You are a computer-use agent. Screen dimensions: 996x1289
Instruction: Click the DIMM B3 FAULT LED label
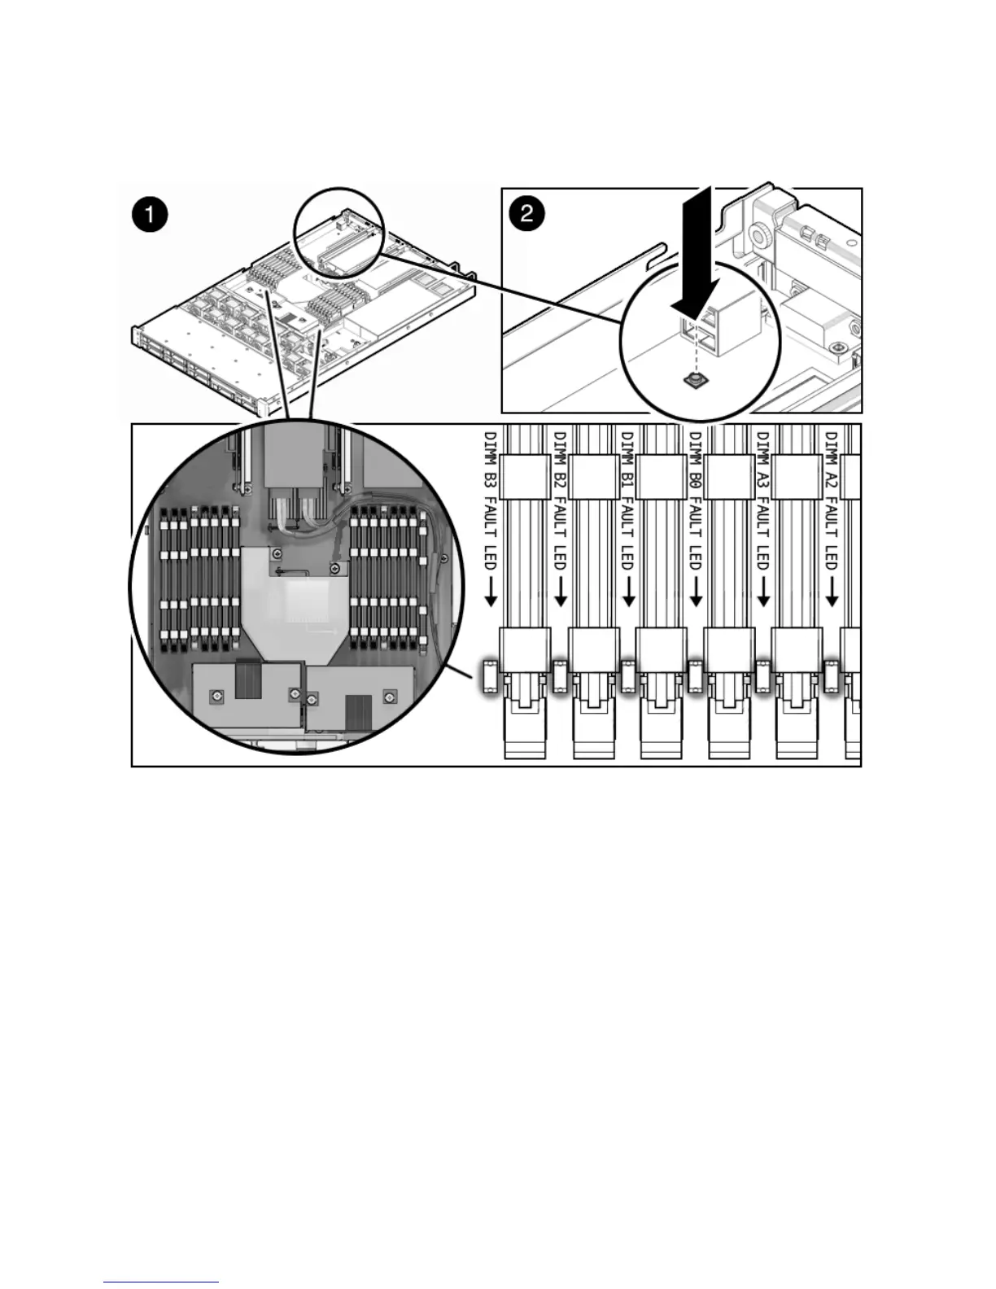(x=490, y=500)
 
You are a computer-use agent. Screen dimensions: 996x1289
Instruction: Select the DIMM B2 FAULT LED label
(x=559, y=500)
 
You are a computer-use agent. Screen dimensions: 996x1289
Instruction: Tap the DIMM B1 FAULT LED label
(x=627, y=500)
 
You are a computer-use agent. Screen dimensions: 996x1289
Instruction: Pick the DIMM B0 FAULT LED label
(x=695, y=500)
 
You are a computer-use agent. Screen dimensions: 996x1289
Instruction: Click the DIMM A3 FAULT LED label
(x=763, y=500)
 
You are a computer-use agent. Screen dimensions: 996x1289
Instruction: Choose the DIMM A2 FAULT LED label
(x=831, y=500)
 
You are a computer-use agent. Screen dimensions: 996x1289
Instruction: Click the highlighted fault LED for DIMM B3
(x=490, y=676)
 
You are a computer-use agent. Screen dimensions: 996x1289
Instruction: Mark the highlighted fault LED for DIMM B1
(x=627, y=676)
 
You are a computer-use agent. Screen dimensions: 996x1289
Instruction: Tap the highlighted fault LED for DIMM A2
(x=831, y=676)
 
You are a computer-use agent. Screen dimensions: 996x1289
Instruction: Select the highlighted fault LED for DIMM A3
(x=763, y=676)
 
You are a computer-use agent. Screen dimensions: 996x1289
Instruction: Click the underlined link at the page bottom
(x=161, y=1282)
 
